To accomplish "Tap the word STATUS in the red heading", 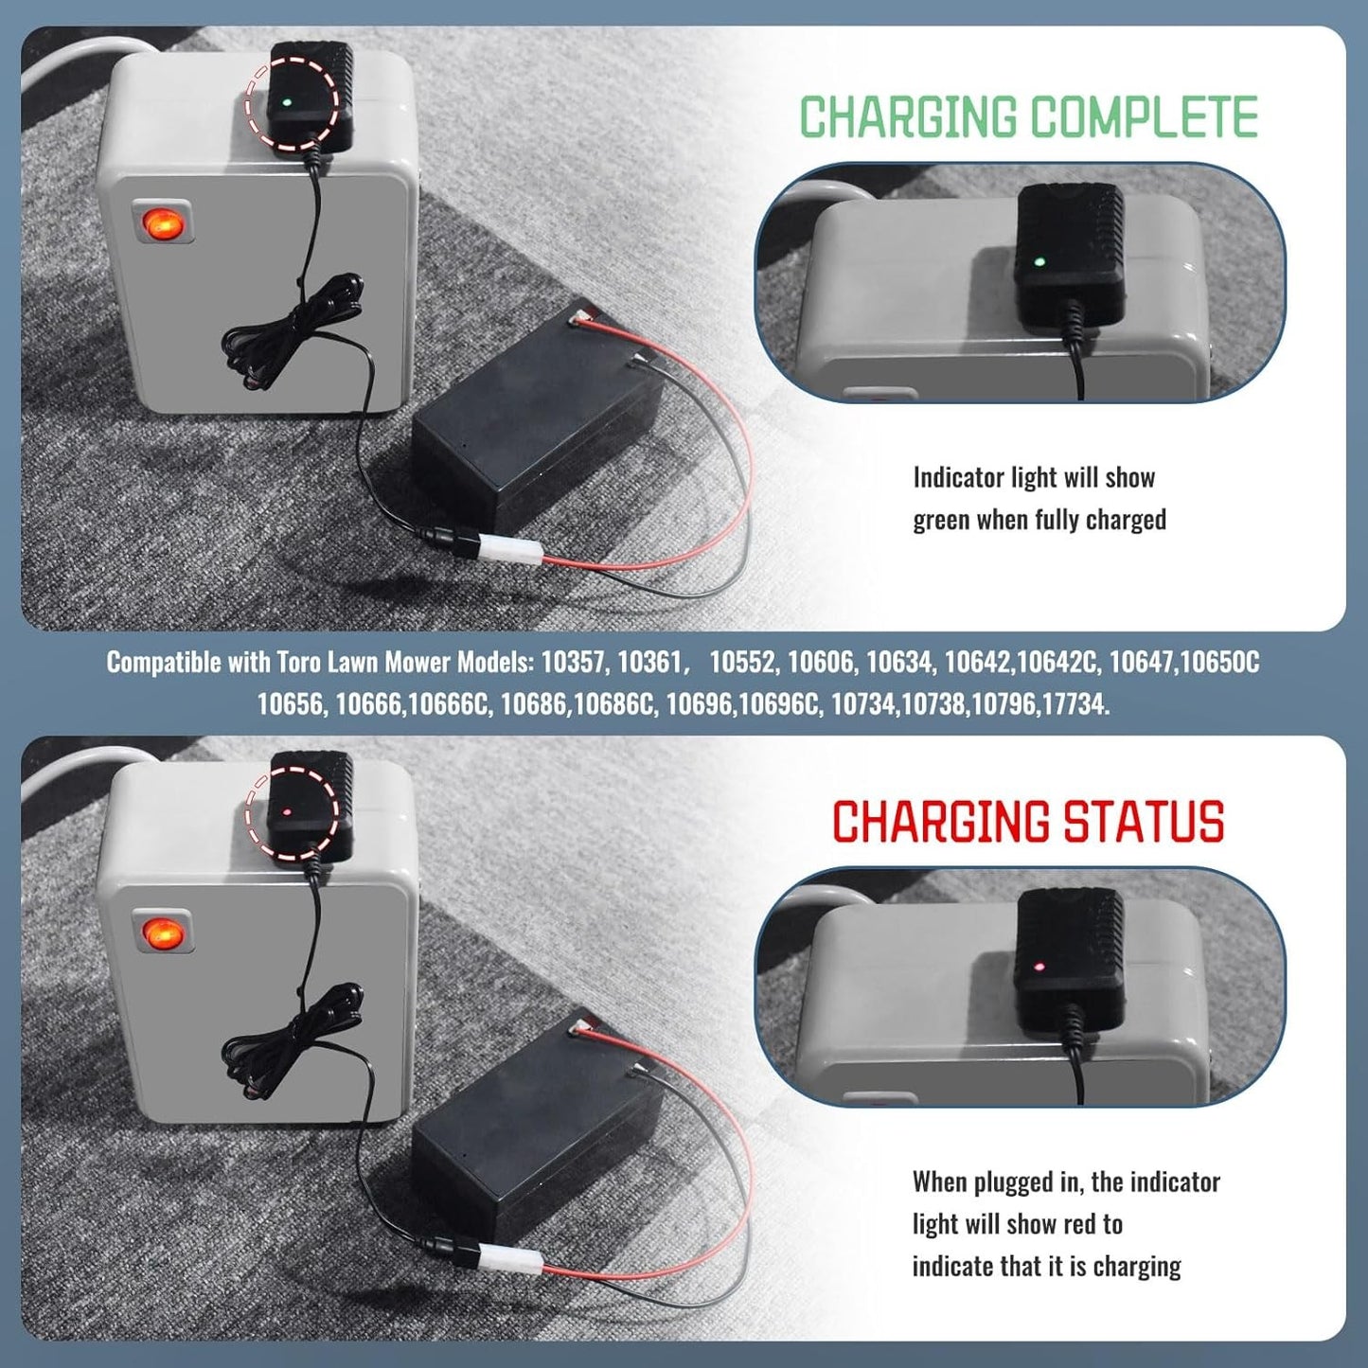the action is pyautogui.click(x=1143, y=822).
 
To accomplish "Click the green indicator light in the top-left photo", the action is pyautogui.click(x=285, y=101).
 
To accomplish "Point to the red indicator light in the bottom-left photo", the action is pyautogui.click(x=286, y=810).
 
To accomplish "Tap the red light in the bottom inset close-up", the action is pyautogui.click(x=1039, y=967).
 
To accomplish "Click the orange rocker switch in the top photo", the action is pyautogui.click(x=163, y=223).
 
